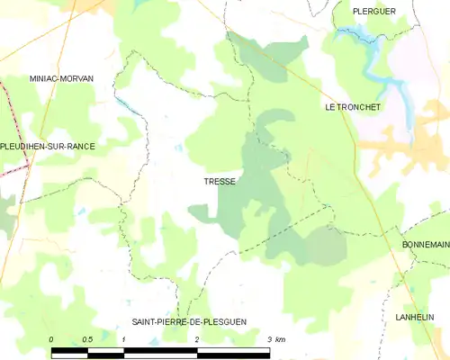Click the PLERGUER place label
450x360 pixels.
[363, 11]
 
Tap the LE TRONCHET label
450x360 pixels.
[354, 107]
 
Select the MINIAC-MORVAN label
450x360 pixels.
[61, 79]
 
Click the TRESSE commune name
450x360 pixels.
[220, 182]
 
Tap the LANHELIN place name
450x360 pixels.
[416, 317]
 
